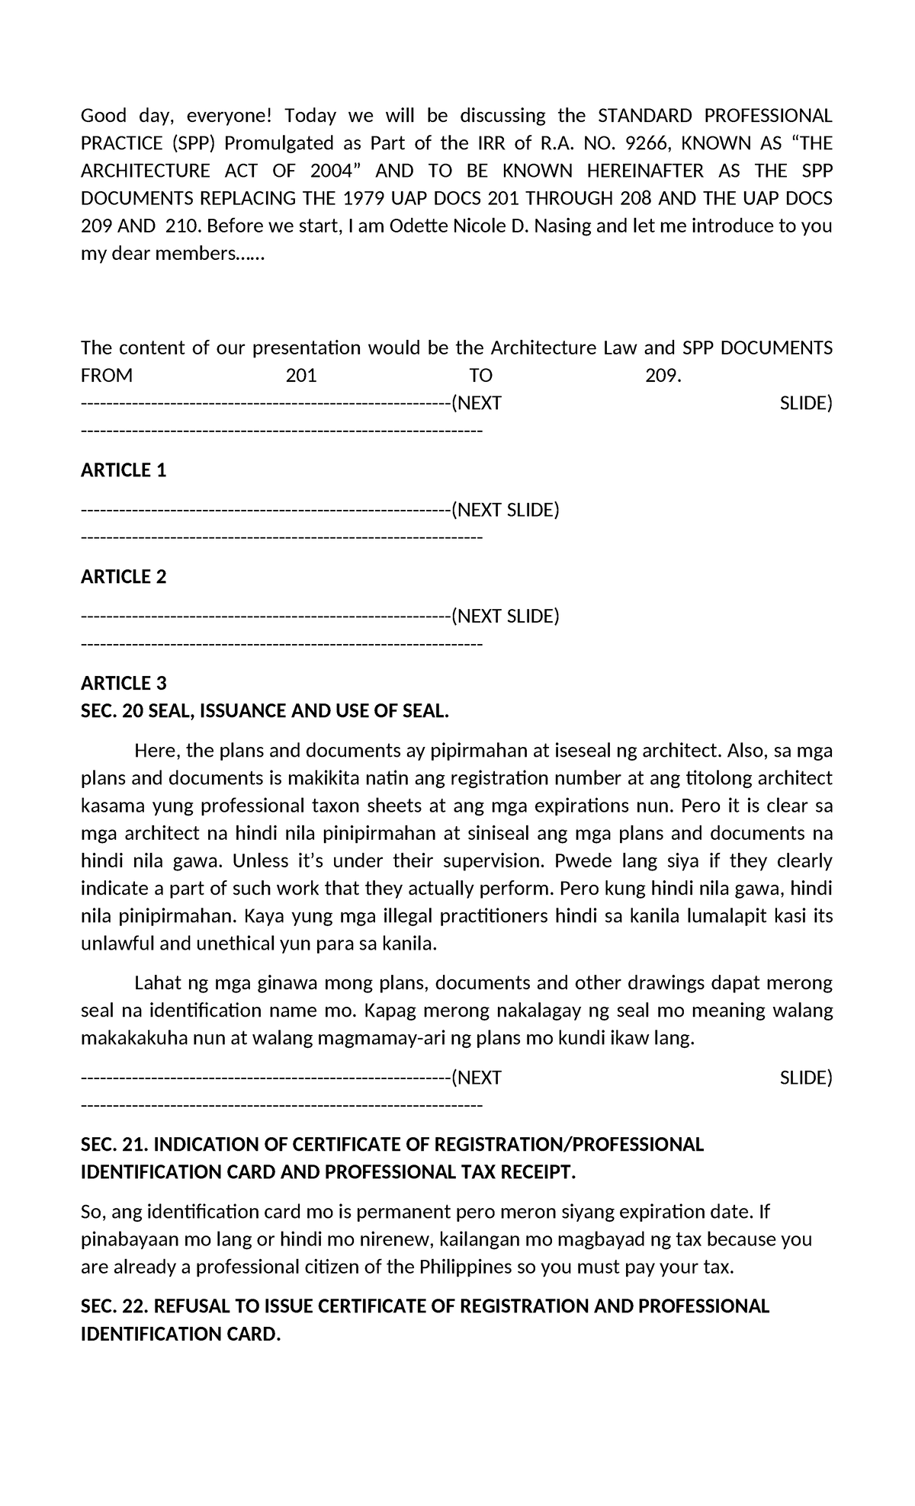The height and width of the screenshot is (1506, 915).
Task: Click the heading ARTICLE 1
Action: pos(124,470)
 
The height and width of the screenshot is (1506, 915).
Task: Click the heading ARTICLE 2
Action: pos(124,577)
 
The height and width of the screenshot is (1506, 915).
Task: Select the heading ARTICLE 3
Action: pos(124,683)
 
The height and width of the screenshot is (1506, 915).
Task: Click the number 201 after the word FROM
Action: pos(301,376)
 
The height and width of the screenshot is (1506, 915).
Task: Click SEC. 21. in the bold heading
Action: pos(115,1145)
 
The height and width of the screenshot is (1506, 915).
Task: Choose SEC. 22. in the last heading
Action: pos(115,1306)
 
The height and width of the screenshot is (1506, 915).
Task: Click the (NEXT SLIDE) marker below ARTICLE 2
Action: pos(506,616)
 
